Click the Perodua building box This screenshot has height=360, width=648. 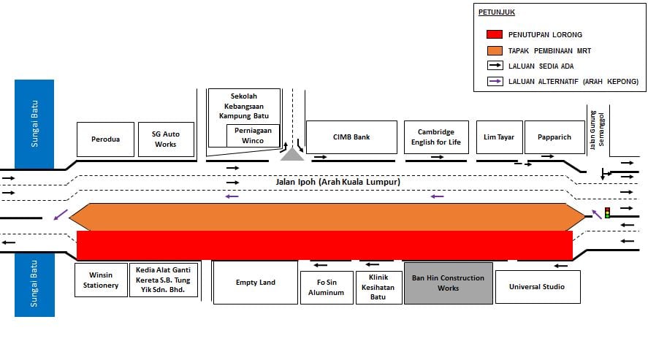point(105,139)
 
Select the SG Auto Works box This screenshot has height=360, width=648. point(166,139)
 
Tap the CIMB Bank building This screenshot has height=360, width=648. point(351,137)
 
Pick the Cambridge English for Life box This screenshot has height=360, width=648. point(436,137)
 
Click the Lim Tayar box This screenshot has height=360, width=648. point(499,137)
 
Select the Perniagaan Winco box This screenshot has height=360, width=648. point(253,135)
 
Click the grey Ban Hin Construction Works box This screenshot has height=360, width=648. point(449,283)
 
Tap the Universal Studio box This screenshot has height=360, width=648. point(538,287)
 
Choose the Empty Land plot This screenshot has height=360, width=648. point(256,283)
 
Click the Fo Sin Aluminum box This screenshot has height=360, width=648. point(327,287)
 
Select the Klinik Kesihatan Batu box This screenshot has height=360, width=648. point(378,287)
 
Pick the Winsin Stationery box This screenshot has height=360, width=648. point(101,280)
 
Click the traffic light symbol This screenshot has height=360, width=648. point(607,212)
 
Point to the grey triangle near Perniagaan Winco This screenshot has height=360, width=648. point(292,154)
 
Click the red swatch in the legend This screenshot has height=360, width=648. point(495,34)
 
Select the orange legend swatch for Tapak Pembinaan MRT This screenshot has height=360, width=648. point(495,50)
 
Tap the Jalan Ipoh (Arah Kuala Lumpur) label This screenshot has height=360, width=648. point(338,182)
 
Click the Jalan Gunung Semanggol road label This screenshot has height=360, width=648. point(597,130)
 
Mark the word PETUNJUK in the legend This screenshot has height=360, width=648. point(496,12)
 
